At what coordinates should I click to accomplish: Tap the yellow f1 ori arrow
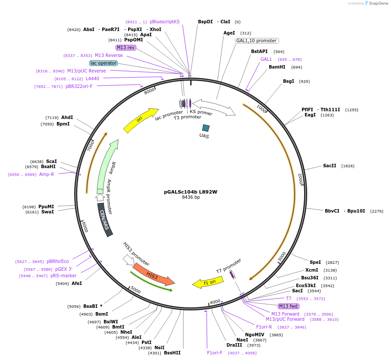pyautogui.click(x=208, y=282)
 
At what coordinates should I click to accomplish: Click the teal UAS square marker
pyautogui.click(x=206, y=128)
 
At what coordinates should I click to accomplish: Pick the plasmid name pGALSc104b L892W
pyautogui.click(x=191, y=192)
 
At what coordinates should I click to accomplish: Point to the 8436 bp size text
pyautogui.click(x=191, y=197)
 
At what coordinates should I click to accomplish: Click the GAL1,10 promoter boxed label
pyautogui.click(x=257, y=41)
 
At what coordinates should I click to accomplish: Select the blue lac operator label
pyautogui.click(x=104, y=63)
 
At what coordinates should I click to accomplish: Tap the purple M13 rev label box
pyautogui.click(x=126, y=47)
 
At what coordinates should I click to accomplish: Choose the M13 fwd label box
pyautogui.click(x=289, y=306)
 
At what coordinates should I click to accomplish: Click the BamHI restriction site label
pyautogui.click(x=277, y=67)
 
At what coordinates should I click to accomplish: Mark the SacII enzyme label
pyautogui.click(x=330, y=166)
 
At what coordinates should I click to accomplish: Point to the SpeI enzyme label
pyautogui.click(x=315, y=262)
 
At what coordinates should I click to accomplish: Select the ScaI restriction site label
pyautogui.click(x=51, y=161)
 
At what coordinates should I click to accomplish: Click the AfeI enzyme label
pyautogui.click(x=77, y=283)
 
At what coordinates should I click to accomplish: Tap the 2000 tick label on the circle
pyautogui.click(x=300, y=179)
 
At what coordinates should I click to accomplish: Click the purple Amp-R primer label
pyautogui.click(x=47, y=174)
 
